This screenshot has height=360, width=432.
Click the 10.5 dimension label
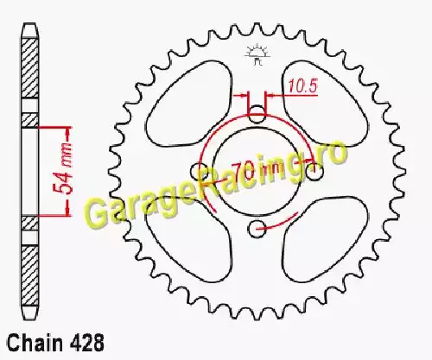[x=302, y=86]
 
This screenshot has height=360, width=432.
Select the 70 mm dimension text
[x=256, y=171]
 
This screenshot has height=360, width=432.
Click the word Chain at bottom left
[x=35, y=343]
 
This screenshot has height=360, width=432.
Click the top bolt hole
[x=257, y=114]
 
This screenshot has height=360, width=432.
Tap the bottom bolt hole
[x=257, y=230]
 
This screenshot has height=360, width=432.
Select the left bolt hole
[x=199, y=172]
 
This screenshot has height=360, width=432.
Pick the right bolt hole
[x=314, y=172]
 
